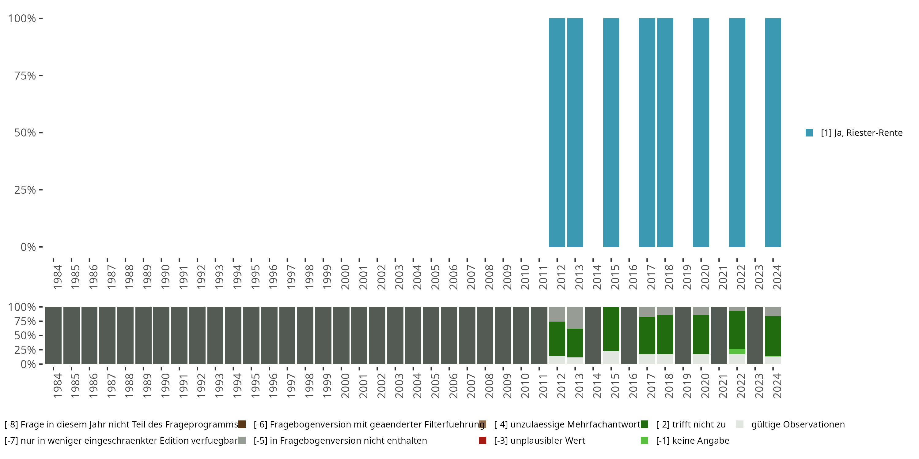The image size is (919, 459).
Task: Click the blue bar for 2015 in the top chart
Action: point(611,132)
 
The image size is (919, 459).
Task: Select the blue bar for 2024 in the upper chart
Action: point(773,132)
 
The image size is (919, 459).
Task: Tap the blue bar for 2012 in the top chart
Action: point(557,132)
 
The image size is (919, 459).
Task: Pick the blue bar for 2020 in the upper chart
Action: point(701,132)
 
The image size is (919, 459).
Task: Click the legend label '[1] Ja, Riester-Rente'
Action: point(861,133)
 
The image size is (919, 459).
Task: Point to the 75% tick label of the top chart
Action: point(25,76)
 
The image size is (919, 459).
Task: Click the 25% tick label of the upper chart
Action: point(25,190)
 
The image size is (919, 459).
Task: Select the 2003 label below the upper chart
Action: point(399,277)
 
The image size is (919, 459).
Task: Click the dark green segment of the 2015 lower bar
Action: point(611,329)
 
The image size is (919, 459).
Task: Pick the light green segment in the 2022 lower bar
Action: point(737,351)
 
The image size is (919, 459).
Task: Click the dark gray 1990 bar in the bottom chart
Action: point(161,335)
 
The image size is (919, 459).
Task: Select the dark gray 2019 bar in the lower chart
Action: point(683,335)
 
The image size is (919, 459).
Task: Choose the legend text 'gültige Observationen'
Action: point(798,424)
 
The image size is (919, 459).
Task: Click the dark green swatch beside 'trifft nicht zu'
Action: point(644,424)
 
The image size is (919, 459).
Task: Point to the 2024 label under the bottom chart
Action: point(777,386)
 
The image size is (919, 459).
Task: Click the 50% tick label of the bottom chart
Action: point(25,336)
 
